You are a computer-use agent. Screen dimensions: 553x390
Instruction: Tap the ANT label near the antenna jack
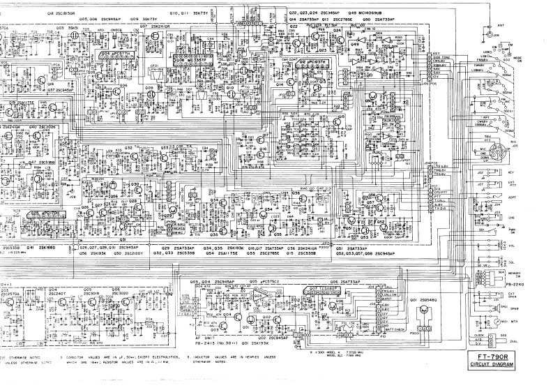pos(500,24)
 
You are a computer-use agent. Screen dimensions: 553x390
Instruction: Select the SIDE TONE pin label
pos(441,57)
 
